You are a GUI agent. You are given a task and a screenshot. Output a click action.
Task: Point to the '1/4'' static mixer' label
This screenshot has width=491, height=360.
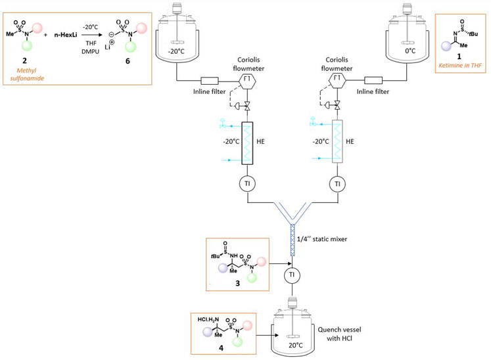pyautogui.click(x=332, y=240)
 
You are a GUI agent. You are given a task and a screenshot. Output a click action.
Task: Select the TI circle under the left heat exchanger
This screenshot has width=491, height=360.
pyautogui.click(x=247, y=184)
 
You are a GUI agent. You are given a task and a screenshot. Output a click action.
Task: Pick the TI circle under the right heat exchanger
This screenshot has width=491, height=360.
pyautogui.click(x=337, y=184)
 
